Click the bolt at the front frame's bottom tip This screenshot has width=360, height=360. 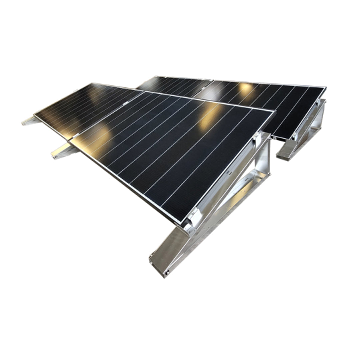tap(167, 272)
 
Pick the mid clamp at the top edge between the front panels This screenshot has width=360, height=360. tap(126, 103)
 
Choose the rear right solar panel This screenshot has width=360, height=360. tap(267, 100)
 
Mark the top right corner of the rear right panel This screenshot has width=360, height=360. tap(325, 87)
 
